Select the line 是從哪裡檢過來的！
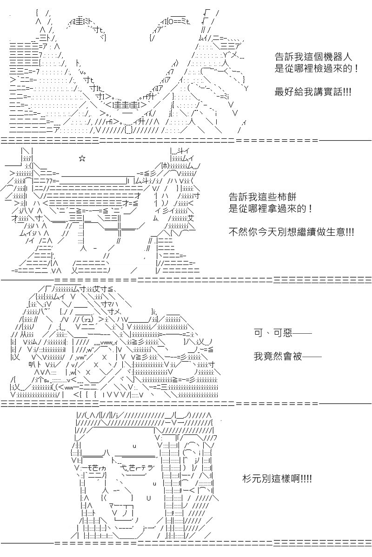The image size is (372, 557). (317, 68)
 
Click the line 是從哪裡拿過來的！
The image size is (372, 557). (271, 208)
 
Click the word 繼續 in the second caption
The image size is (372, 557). (301, 232)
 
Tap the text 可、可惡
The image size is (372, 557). (273, 332)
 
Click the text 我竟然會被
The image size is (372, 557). (278, 356)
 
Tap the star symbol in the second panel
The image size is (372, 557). (82, 158)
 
